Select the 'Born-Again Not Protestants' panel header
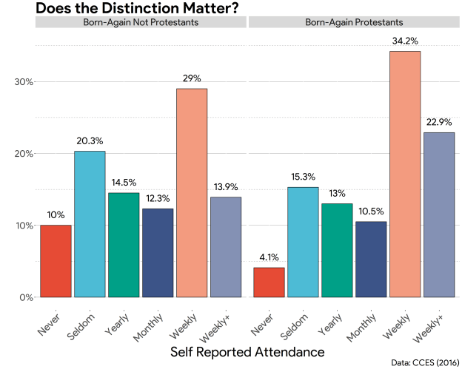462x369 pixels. click(x=141, y=22)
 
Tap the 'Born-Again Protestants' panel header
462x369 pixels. click(x=354, y=22)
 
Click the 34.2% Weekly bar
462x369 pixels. click(x=405, y=174)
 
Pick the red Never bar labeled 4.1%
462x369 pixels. click(x=269, y=282)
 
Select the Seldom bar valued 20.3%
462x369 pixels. click(x=90, y=224)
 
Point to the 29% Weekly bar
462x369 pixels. click(x=192, y=193)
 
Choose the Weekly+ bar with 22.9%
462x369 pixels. click(x=439, y=214)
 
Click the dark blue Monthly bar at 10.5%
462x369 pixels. click(x=371, y=260)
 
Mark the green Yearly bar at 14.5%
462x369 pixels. click(x=124, y=245)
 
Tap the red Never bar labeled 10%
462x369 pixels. click(x=56, y=261)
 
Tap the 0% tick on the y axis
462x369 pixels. click(x=26, y=297)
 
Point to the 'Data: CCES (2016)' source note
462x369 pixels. click(x=425, y=362)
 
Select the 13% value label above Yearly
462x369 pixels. click(x=337, y=194)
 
